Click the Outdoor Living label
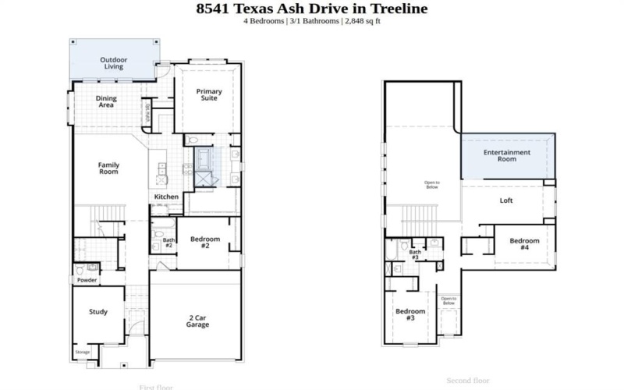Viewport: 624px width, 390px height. pyautogui.click(x=114, y=63)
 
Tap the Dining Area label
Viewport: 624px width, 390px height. pyautogui.click(x=107, y=101)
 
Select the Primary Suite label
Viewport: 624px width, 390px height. pyautogui.click(x=208, y=95)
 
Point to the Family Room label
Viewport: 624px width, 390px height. pyautogui.click(x=108, y=168)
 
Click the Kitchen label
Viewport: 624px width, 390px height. pyautogui.click(x=166, y=197)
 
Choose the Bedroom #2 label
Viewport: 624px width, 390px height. pyautogui.click(x=204, y=242)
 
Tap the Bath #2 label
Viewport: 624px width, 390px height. pyautogui.click(x=168, y=243)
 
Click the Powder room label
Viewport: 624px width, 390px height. pyautogui.click(x=87, y=280)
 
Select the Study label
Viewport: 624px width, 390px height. pyautogui.click(x=98, y=312)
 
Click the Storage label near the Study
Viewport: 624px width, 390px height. pyautogui.click(x=83, y=353)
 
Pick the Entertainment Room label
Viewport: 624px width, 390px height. pyautogui.click(x=507, y=155)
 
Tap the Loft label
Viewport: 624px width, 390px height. pyautogui.click(x=506, y=200)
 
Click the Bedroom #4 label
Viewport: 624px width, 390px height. pyautogui.click(x=524, y=244)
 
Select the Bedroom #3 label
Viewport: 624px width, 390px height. pyautogui.click(x=410, y=314)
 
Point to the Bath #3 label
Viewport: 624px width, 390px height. pyautogui.click(x=415, y=254)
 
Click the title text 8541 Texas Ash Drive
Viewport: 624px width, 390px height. pyautogui.click(x=289, y=9)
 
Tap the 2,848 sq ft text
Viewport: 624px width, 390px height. pyautogui.click(x=362, y=21)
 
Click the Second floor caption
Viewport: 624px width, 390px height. pyautogui.click(x=467, y=381)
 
